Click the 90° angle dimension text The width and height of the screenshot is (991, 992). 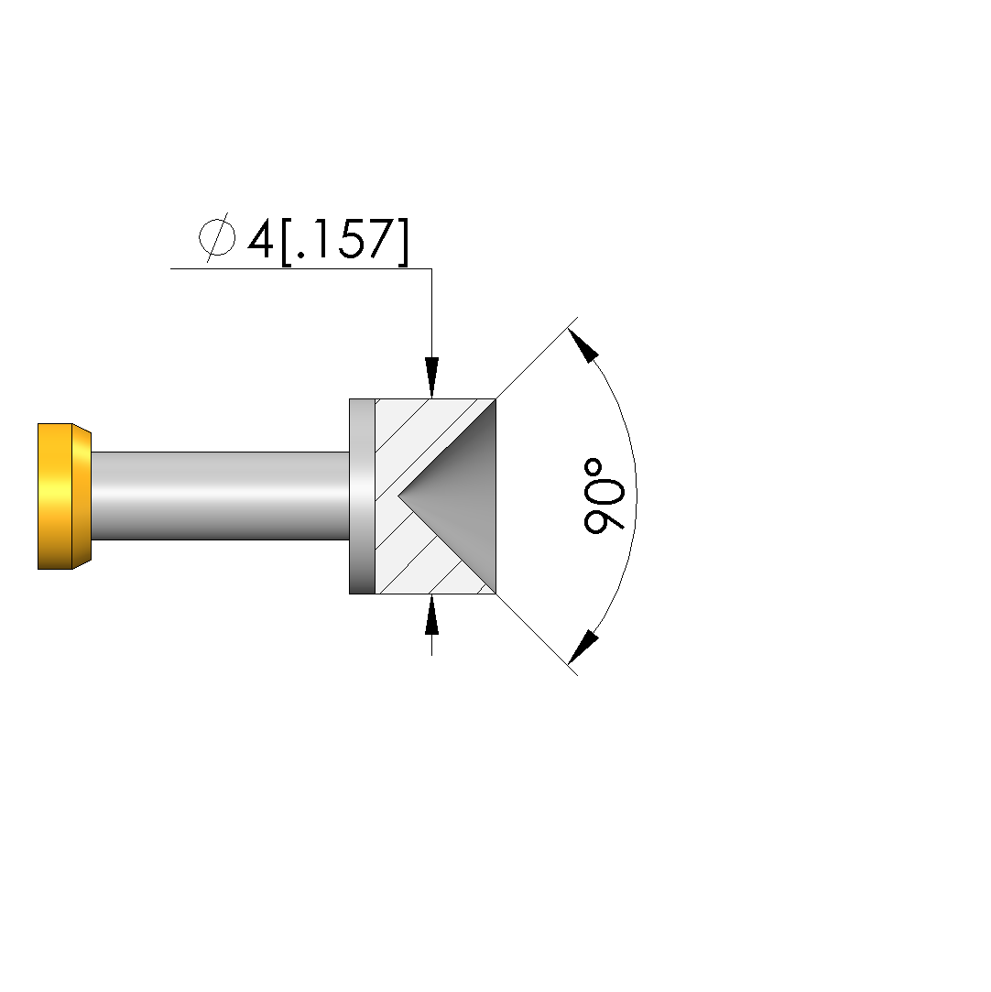pos(604,496)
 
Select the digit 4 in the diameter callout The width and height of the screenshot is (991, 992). pos(260,240)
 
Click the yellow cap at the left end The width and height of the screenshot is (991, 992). pos(64,496)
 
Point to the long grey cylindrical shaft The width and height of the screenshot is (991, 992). pos(221,496)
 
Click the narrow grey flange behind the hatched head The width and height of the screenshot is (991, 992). pos(363,496)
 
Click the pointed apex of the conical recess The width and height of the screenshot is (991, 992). pos(398,496)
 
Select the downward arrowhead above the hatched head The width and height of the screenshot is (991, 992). pos(431,377)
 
